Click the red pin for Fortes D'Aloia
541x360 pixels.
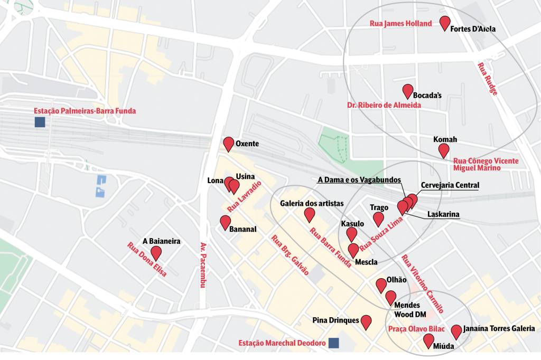point(445,23)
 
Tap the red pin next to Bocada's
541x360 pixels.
point(407,91)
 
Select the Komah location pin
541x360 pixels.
point(444,150)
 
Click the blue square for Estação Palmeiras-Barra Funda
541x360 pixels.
point(39,122)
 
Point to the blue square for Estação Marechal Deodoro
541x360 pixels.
point(333,343)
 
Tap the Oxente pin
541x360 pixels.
point(229,143)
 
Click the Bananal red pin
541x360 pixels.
point(225,222)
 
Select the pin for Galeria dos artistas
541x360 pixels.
point(310,214)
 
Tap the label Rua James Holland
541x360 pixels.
point(401,24)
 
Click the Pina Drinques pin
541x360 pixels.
point(366,321)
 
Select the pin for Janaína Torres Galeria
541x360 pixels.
point(456,331)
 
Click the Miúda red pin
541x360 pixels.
point(429,340)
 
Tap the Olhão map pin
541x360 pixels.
point(381,285)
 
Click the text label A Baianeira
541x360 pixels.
point(162,241)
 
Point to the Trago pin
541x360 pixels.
point(378,219)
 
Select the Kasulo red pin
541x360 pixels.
point(352,234)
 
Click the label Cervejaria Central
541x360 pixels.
point(450,185)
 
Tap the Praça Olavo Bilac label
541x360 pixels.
point(416,329)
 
